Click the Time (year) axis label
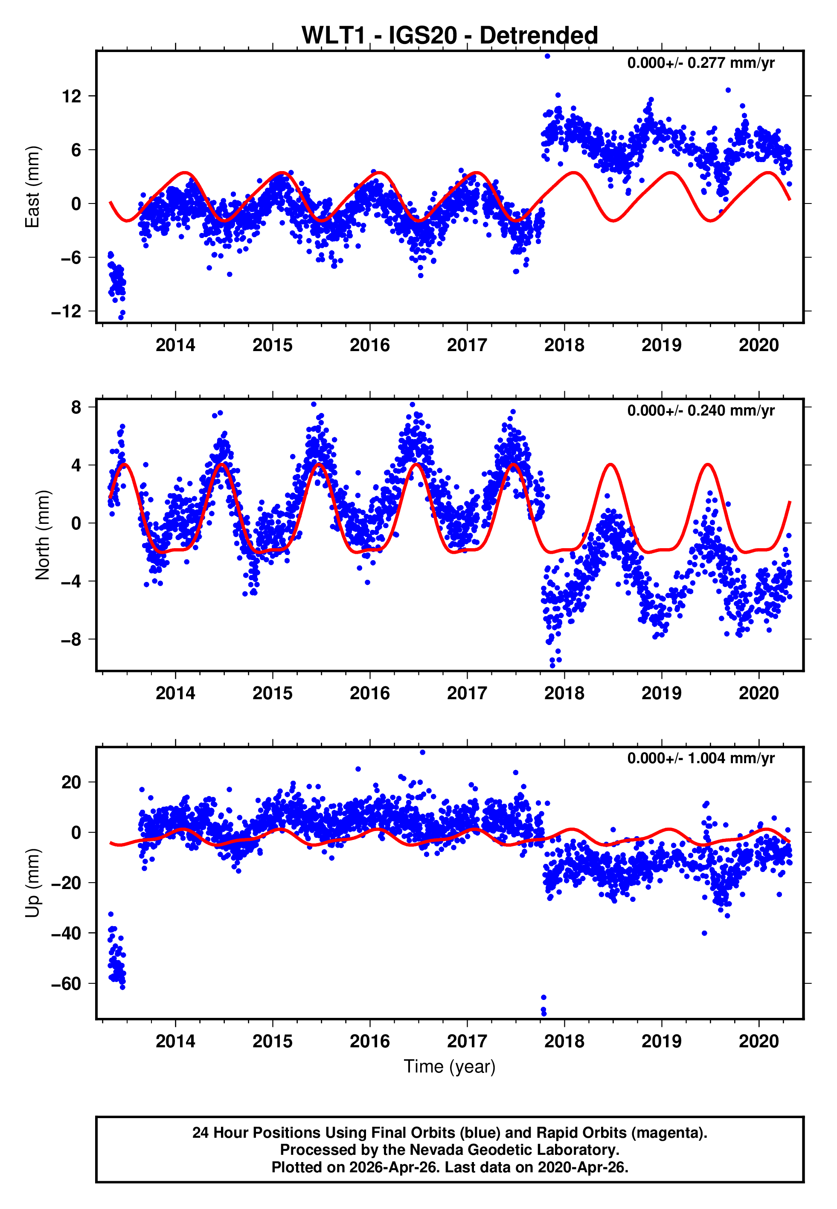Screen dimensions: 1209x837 (x=450, y=1067)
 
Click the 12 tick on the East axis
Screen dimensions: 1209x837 (x=72, y=96)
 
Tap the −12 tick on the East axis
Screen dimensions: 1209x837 (x=67, y=311)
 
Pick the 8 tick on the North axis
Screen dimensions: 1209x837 (x=76, y=407)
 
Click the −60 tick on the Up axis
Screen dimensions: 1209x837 (x=67, y=984)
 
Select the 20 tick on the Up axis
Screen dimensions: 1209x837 (x=72, y=782)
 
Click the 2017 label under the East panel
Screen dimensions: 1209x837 (x=467, y=346)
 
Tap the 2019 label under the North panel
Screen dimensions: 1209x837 (x=661, y=694)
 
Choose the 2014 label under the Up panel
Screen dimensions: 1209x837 (x=175, y=1041)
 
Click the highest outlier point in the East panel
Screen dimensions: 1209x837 (x=547, y=56)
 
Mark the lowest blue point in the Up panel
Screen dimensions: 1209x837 (x=544, y=1014)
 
